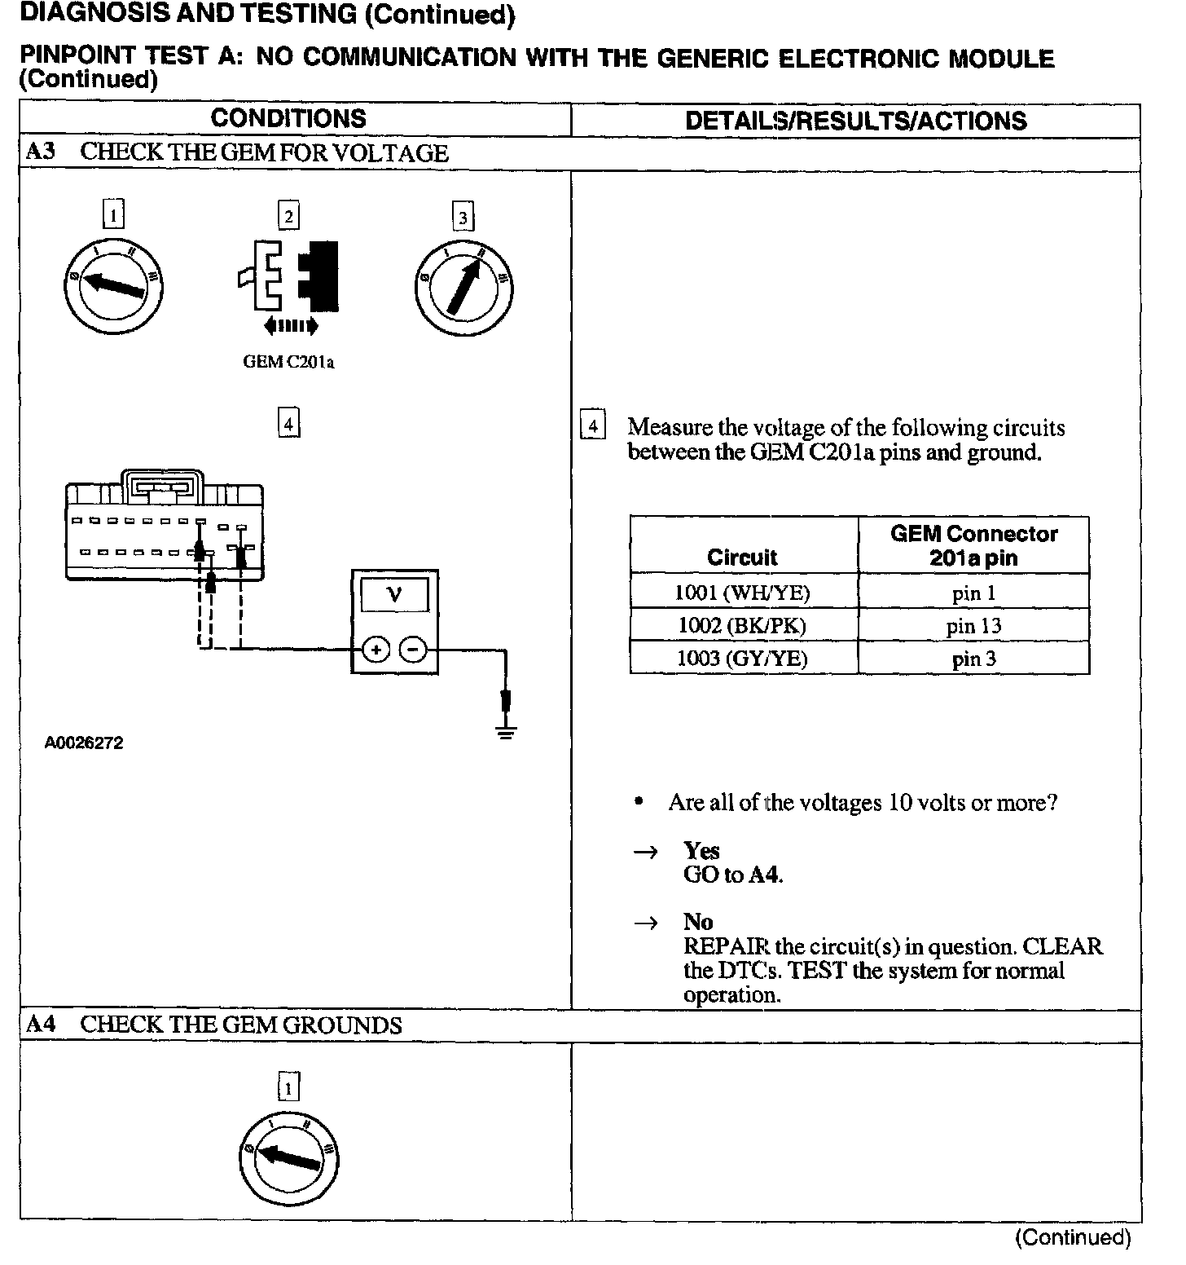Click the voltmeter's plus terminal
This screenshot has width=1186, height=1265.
(x=376, y=650)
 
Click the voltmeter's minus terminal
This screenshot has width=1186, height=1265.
(x=414, y=650)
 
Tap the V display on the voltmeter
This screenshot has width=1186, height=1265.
(x=395, y=595)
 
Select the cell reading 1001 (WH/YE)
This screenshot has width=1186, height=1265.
(x=743, y=593)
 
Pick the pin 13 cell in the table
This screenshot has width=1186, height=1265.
(x=973, y=626)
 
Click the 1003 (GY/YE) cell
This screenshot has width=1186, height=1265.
(x=743, y=659)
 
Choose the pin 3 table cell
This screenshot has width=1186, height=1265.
(x=973, y=659)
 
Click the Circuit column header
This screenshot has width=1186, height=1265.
(x=743, y=557)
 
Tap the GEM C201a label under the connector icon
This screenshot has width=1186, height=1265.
(x=288, y=362)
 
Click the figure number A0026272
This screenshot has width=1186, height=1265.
(x=84, y=743)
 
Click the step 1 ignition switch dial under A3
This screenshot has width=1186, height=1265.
(x=114, y=284)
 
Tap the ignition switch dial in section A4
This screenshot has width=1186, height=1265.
(x=290, y=1157)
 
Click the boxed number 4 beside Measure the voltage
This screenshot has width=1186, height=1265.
(x=592, y=426)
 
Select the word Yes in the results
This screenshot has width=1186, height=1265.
(x=701, y=851)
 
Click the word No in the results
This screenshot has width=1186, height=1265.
(x=698, y=922)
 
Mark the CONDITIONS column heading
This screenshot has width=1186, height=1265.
(x=288, y=119)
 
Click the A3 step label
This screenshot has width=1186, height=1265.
(x=41, y=152)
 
